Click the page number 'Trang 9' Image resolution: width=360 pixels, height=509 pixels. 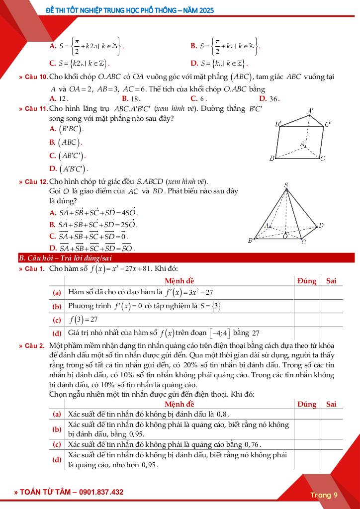point(324,495)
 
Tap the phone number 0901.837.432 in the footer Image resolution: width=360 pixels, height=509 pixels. point(97,492)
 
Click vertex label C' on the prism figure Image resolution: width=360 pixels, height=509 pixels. point(328,124)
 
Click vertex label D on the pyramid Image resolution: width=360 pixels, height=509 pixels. point(321,225)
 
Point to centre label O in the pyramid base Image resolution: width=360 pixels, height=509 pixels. point(285,236)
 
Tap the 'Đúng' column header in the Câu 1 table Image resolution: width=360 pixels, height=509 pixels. point(307,281)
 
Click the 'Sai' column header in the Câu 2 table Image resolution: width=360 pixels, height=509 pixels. point(331,404)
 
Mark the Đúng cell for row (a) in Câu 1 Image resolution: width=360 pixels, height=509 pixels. point(307,293)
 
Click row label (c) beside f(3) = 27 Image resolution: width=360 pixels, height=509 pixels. point(57,320)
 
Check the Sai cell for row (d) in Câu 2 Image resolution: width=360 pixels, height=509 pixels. point(331,460)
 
